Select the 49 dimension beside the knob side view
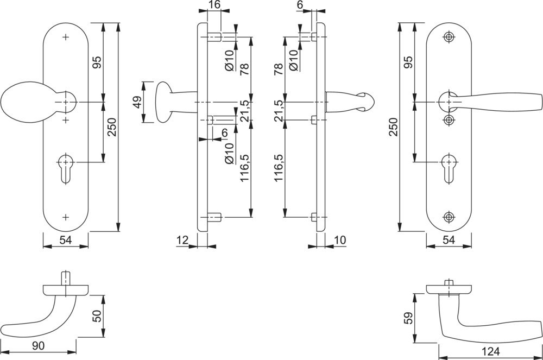click(x=137, y=102)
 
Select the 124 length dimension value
click(x=491, y=351)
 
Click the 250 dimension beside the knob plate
click(x=111, y=127)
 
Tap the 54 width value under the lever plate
click(x=449, y=240)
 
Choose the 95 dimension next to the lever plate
click(x=408, y=62)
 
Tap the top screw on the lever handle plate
click(x=449, y=36)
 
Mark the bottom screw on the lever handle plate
click(x=449, y=217)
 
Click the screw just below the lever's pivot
click(x=449, y=119)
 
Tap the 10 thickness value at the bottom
click(x=340, y=239)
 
